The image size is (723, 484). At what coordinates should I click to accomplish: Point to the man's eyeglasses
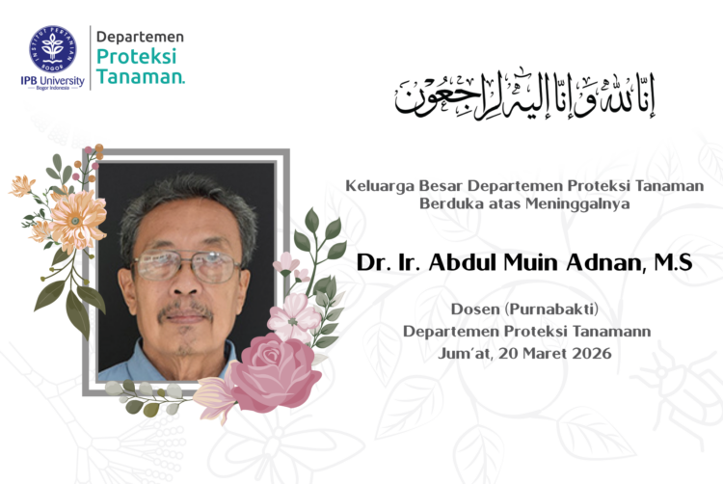point(186,266)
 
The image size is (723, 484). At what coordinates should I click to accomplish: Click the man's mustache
point(185,310)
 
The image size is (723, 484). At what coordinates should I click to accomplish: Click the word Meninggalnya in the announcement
point(561,203)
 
